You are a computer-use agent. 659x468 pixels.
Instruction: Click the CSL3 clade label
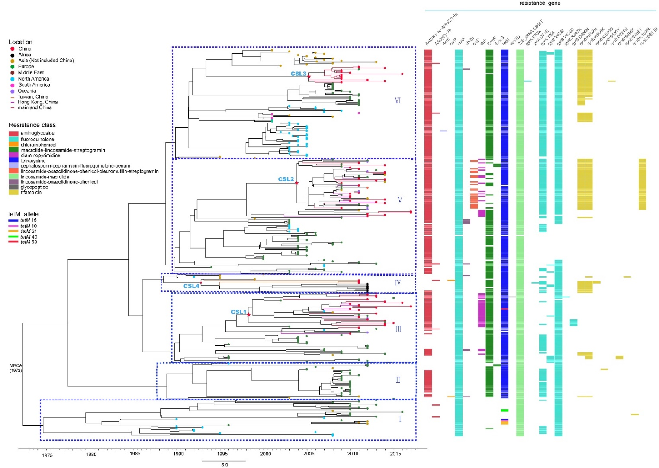click(x=298, y=74)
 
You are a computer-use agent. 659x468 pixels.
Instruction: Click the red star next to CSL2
click(x=297, y=183)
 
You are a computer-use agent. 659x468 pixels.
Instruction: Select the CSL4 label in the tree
click(x=191, y=286)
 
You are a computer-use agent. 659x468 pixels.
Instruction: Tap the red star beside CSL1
click(x=248, y=315)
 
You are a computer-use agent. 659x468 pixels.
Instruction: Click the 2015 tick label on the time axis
click(x=395, y=454)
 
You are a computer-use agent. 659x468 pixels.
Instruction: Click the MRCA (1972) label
click(x=16, y=368)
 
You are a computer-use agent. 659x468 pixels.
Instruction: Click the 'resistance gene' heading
click(x=540, y=3)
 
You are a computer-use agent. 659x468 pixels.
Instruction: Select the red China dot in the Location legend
click(x=13, y=48)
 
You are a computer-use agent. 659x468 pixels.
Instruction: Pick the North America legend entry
click(x=33, y=79)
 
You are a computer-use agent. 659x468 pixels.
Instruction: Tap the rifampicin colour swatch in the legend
click(x=13, y=193)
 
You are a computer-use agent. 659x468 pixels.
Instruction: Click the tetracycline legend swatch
click(x=13, y=160)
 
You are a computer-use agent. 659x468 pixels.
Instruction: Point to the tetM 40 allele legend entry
click(x=29, y=237)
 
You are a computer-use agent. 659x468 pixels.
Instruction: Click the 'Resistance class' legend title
click(x=32, y=125)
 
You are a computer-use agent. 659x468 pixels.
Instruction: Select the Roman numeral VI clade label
click(x=398, y=100)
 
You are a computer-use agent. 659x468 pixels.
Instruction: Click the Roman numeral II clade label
click(x=398, y=380)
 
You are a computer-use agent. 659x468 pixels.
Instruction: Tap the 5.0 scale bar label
click(x=225, y=465)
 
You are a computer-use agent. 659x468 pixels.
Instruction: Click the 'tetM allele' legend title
click(x=23, y=214)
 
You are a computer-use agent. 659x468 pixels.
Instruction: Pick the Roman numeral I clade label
click(x=400, y=419)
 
